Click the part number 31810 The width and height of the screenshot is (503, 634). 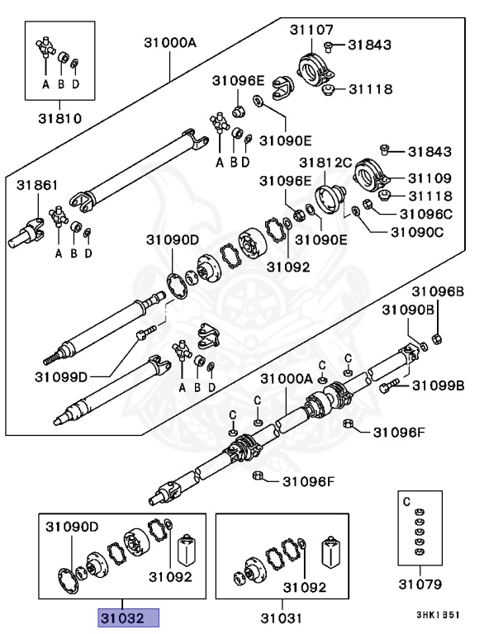coord(59,118)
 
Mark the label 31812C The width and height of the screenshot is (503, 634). coord(325,163)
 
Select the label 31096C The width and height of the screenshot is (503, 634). coord(428,213)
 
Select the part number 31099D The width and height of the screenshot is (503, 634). coord(61,377)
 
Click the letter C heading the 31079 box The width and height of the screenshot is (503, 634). coord(406,501)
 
